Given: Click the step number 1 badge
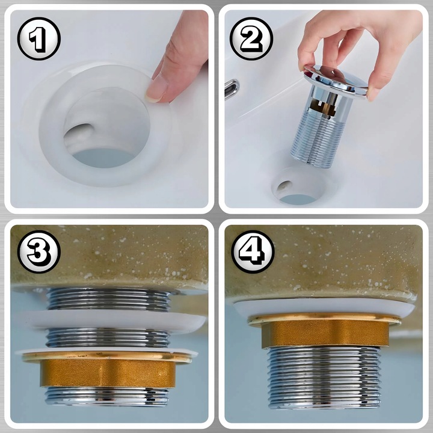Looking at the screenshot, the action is point(39,38).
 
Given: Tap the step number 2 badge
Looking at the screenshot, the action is point(251,38).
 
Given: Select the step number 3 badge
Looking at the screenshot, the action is point(39,251).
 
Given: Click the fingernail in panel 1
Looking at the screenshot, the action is point(156,89).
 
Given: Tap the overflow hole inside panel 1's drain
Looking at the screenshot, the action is point(78,132).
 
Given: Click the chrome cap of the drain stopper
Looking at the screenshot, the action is point(336,81).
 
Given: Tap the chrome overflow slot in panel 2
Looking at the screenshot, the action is point(232,88).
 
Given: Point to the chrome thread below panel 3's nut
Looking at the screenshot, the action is point(107,396).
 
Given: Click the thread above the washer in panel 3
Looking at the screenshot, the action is point(108,299).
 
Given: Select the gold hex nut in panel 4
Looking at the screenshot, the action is point(325,330).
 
